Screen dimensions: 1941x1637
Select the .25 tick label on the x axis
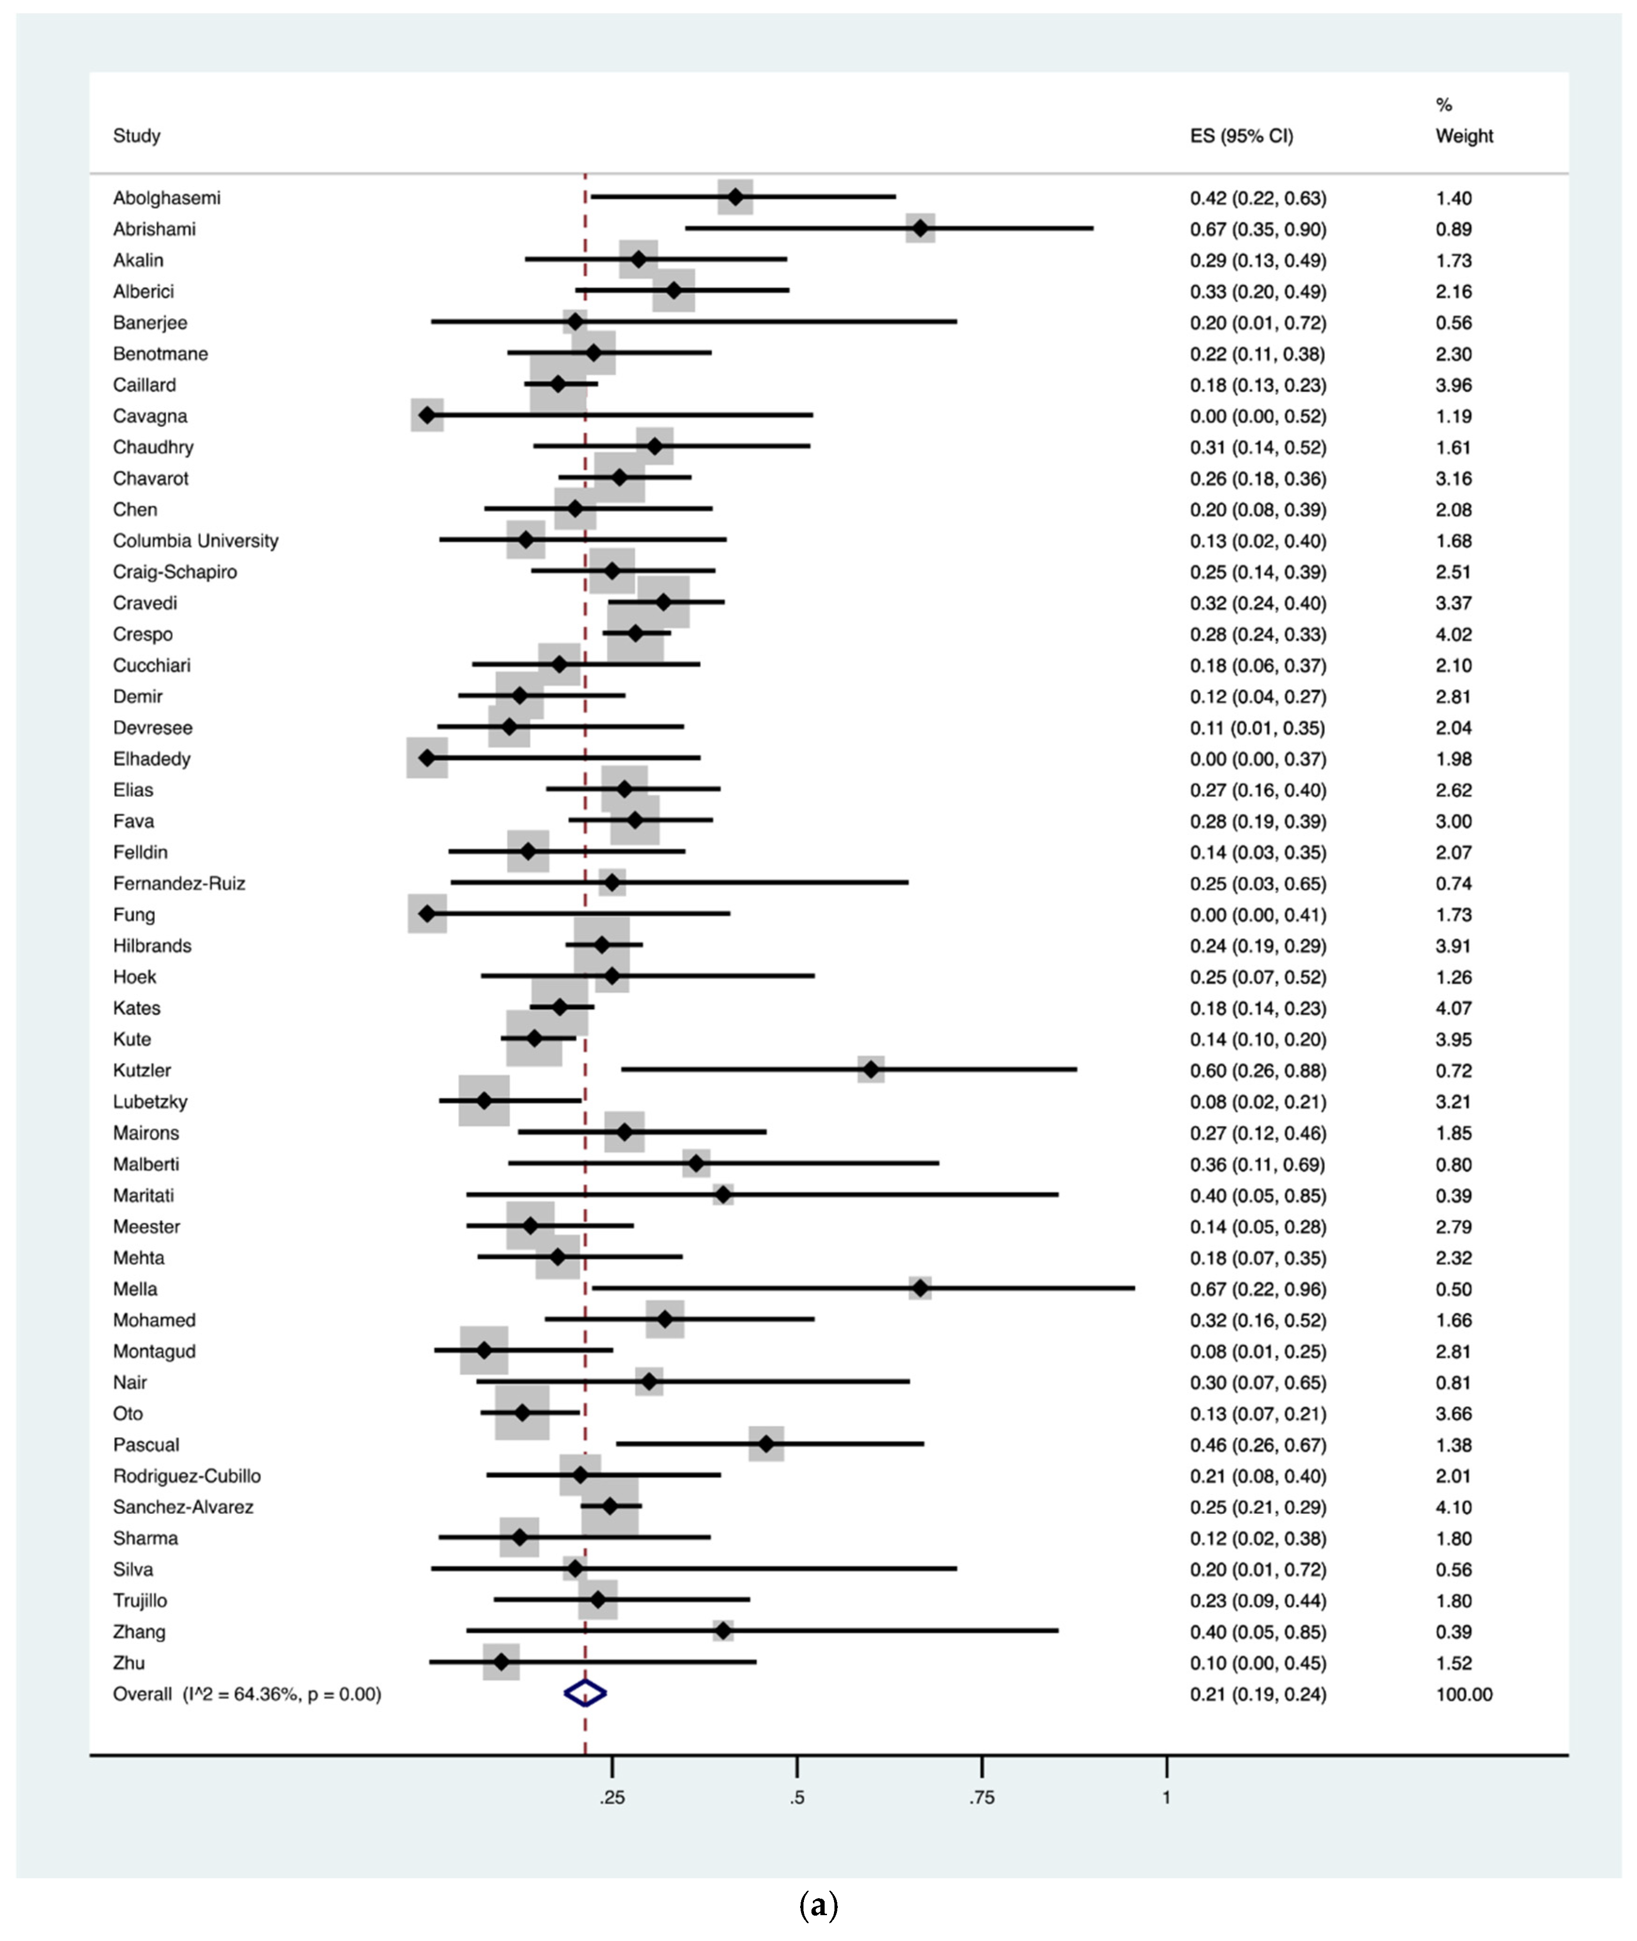tap(612, 1797)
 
